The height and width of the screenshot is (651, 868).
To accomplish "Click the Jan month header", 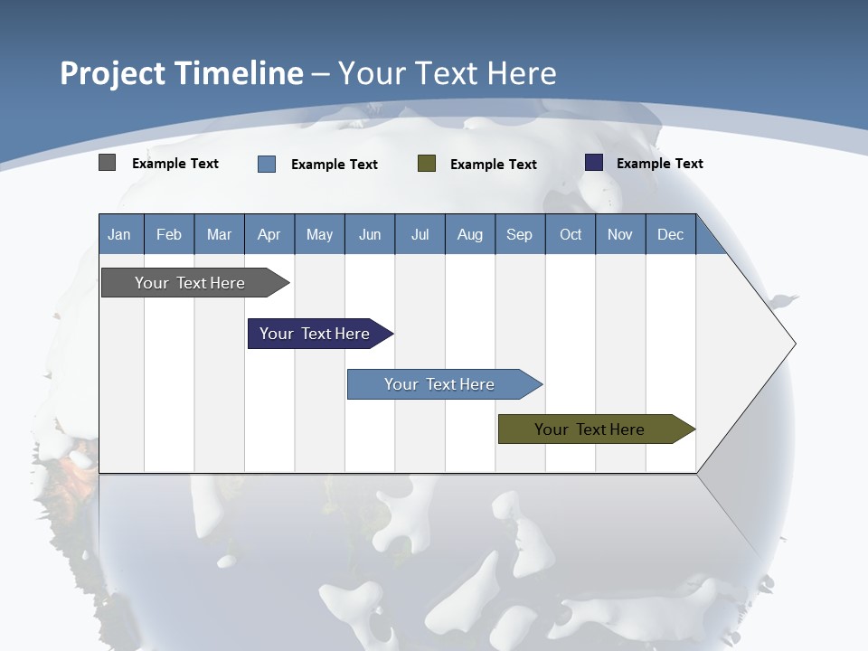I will pyautogui.click(x=120, y=234).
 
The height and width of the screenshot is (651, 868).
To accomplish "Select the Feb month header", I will pyautogui.click(x=169, y=234).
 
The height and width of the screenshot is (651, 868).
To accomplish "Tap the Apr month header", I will pyautogui.click(x=269, y=234).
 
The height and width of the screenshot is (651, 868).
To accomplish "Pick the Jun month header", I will pyautogui.click(x=370, y=234).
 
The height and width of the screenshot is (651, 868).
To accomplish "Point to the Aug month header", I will pyautogui.click(x=470, y=234).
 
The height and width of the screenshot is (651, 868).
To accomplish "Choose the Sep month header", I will pyautogui.click(x=520, y=234).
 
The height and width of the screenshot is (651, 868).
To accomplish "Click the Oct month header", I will pyautogui.click(x=571, y=234).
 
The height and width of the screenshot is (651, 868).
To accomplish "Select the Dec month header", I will pyautogui.click(x=671, y=234).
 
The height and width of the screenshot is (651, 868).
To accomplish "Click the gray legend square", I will pyautogui.click(x=107, y=163).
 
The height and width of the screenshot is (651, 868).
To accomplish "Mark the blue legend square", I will pyautogui.click(x=267, y=164).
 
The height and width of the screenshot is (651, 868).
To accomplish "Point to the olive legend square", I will pyautogui.click(x=427, y=164).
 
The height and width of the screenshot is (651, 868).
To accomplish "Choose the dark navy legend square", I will pyautogui.click(x=594, y=163).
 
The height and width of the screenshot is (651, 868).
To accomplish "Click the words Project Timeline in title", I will pyautogui.click(x=181, y=73).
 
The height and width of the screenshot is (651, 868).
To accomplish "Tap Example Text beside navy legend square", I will pyautogui.click(x=659, y=164).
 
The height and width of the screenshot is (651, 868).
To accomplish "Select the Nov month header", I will pyautogui.click(x=620, y=234).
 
